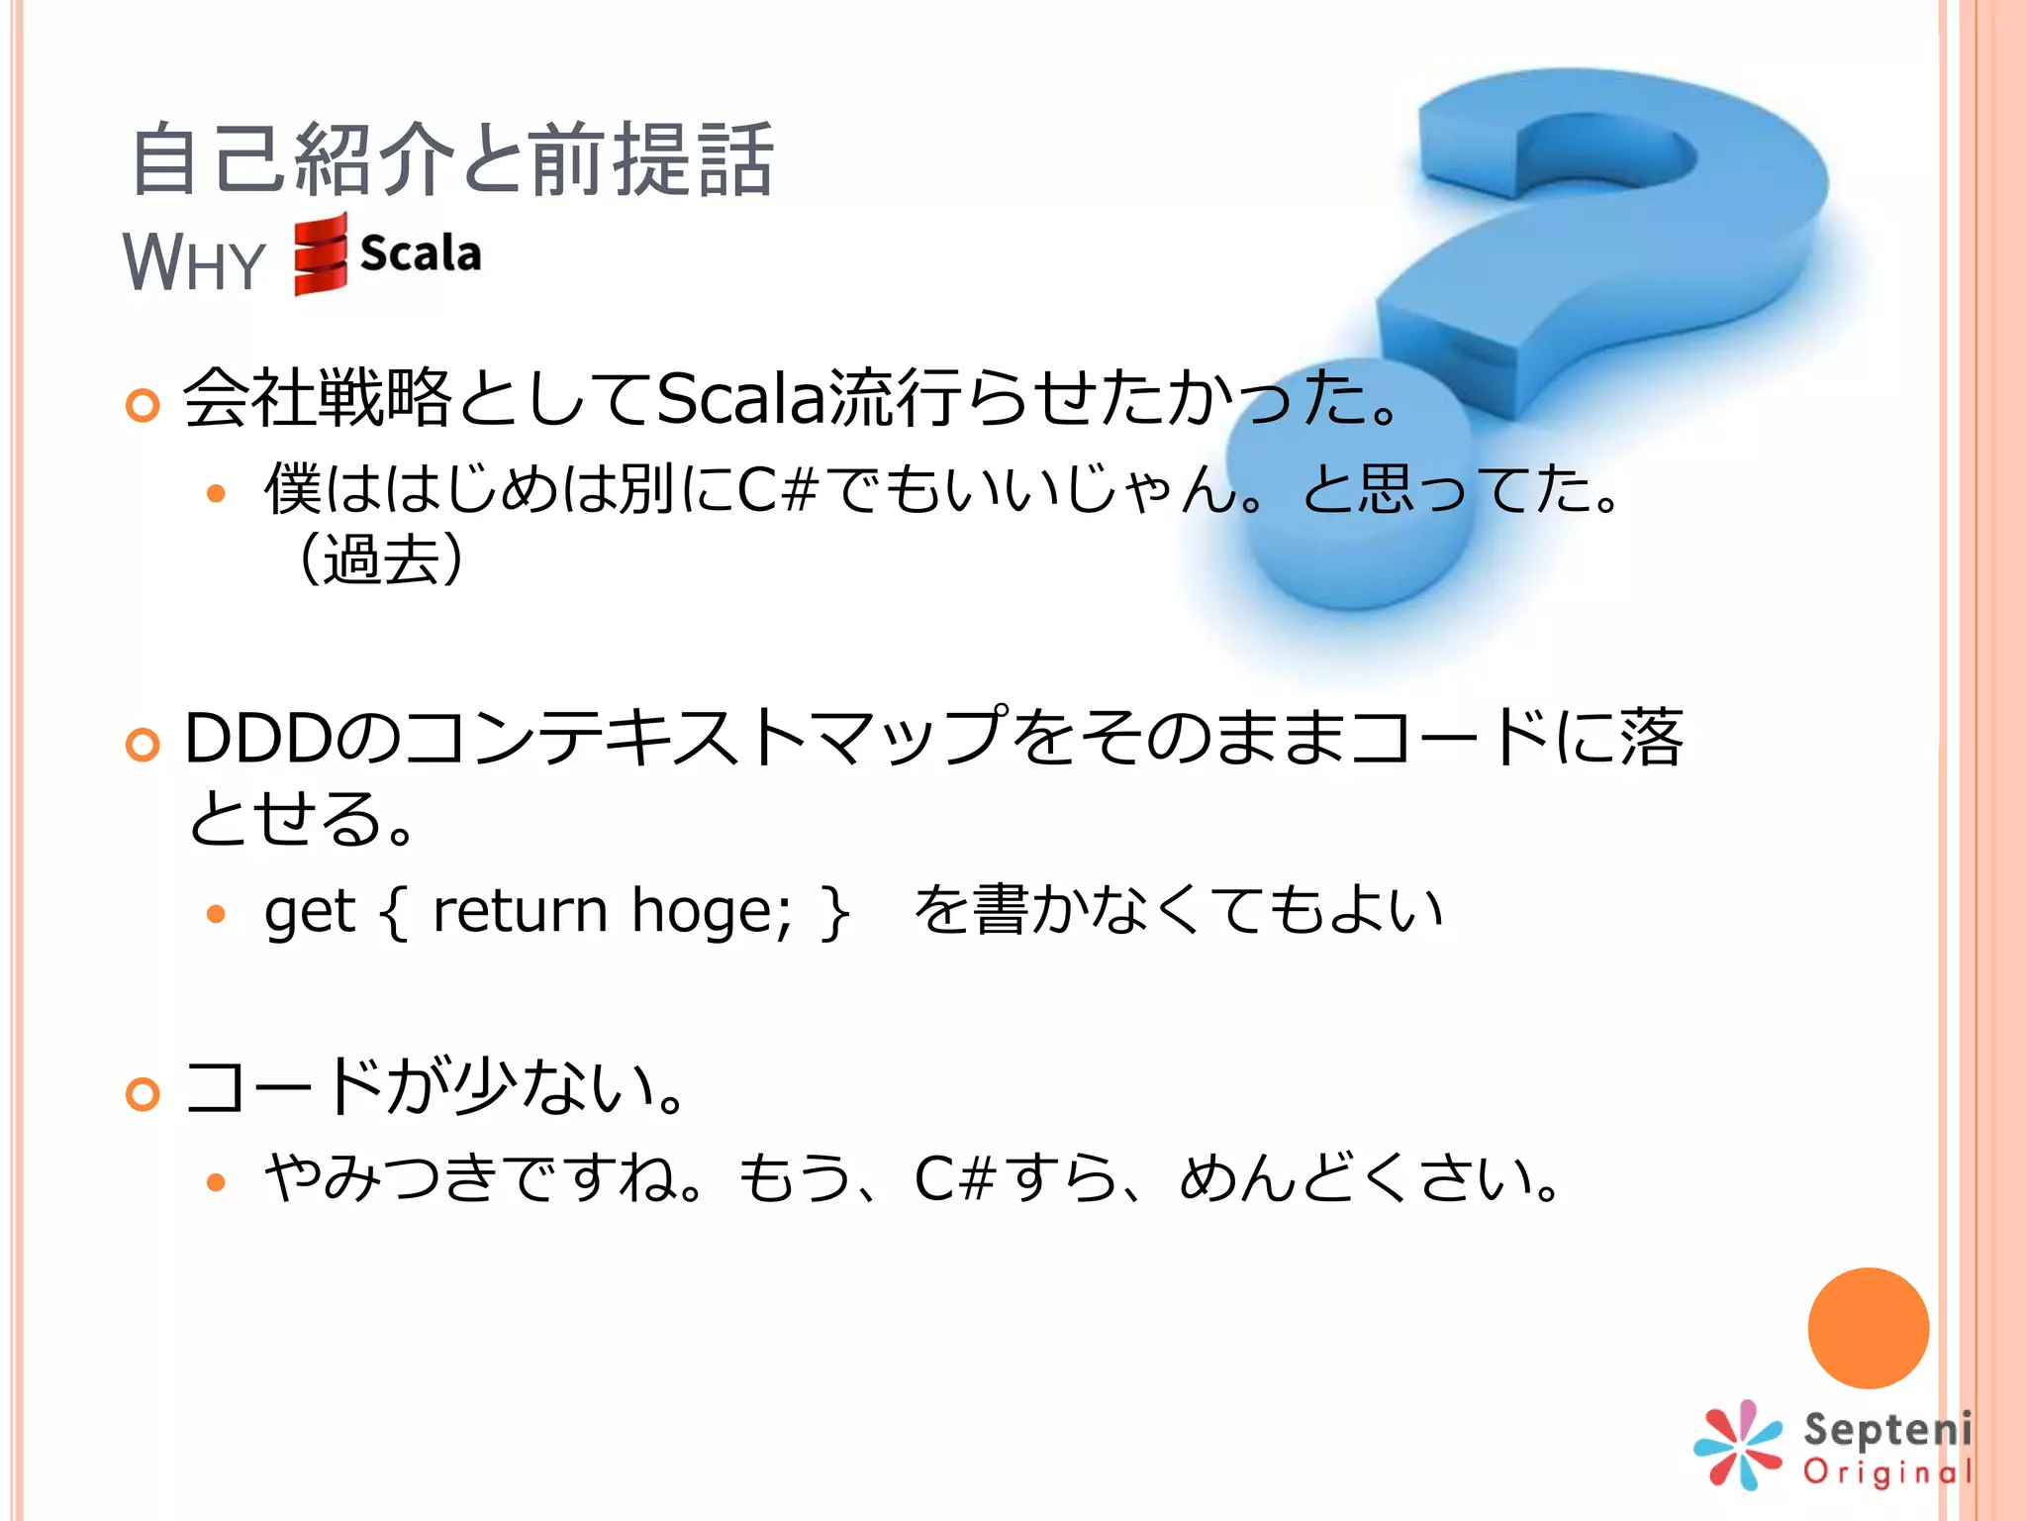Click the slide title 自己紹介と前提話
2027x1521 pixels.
point(451,158)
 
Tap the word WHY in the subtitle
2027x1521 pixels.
point(194,262)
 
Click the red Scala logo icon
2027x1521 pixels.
point(321,255)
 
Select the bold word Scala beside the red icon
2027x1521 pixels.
point(421,253)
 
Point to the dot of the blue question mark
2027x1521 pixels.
point(1351,485)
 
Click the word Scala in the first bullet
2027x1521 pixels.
point(740,399)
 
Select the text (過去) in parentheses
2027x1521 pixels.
point(380,559)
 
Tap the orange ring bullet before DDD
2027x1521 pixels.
point(144,745)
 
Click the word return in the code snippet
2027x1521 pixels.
point(520,910)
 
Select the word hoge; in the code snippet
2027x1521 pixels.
point(711,910)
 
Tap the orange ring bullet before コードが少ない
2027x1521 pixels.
point(144,1093)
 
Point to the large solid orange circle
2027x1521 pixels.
point(1868,1327)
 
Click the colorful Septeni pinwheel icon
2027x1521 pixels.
point(1739,1445)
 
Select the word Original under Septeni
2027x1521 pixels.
point(1888,1472)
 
